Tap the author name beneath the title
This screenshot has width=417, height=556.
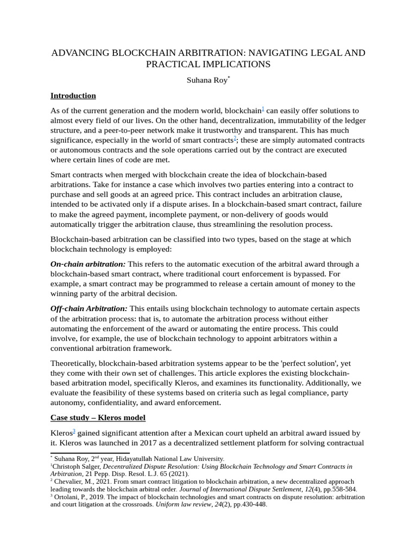(x=207, y=80)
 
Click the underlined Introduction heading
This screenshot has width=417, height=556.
(x=73, y=96)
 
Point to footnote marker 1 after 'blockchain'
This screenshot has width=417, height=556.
(x=263, y=109)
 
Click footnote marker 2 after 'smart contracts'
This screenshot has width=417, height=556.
(x=235, y=138)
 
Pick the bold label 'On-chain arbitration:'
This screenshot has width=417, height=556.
(x=88, y=264)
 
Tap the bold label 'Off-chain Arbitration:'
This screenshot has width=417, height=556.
(x=89, y=308)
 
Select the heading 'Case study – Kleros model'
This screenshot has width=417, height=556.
(x=98, y=418)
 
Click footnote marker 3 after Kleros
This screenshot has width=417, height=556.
(x=74, y=431)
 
